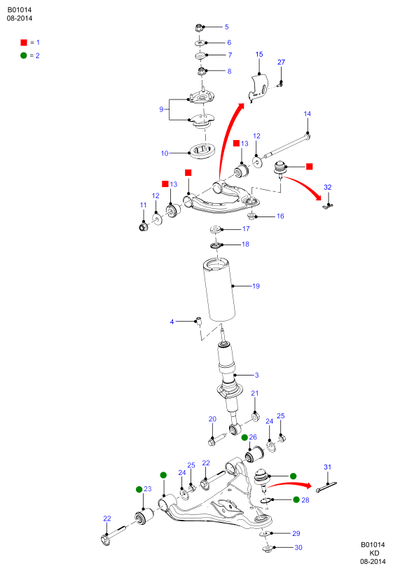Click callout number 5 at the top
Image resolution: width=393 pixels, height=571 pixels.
click(x=226, y=27)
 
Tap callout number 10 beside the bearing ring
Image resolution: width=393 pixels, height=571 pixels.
click(x=165, y=153)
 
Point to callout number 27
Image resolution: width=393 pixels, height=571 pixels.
click(x=281, y=62)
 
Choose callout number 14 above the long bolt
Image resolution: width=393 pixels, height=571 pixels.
click(x=307, y=114)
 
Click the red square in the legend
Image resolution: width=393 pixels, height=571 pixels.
click(x=24, y=43)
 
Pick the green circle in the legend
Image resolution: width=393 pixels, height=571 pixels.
click(x=24, y=55)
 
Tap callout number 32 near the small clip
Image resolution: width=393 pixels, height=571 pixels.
click(x=327, y=187)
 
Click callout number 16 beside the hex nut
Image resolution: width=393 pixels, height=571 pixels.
click(x=280, y=216)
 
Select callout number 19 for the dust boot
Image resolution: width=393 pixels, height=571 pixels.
click(x=256, y=286)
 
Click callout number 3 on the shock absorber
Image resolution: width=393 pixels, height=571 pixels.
click(x=256, y=375)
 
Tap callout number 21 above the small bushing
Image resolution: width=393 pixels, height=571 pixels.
click(x=254, y=393)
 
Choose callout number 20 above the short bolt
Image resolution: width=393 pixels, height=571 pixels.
click(x=212, y=419)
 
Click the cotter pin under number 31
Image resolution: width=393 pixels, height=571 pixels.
click(x=326, y=487)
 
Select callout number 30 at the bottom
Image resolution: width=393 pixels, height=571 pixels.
click(x=298, y=547)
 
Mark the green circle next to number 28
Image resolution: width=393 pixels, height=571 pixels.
click(x=296, y=500)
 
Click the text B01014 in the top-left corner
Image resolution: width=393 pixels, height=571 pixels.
click(x=20, y=11)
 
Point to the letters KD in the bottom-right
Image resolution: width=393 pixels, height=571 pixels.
click(x=374, y=553)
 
